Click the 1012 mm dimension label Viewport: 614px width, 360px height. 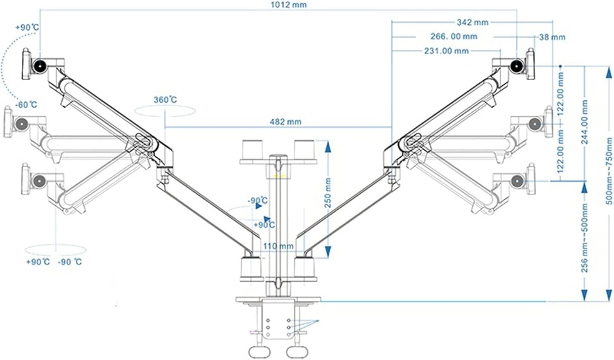(x=289, y=5)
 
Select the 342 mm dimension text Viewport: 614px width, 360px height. (x=472, y=23)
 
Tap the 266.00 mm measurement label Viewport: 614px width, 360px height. (x=454, y=36)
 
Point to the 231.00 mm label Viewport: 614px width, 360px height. (x=447, y=51)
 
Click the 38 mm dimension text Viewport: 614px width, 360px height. (x=552, y=37)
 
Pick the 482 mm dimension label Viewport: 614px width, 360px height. (x=286, y=122)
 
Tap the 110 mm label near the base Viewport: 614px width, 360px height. (x=278, y=246)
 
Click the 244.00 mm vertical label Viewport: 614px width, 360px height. (x=584, y=122)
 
